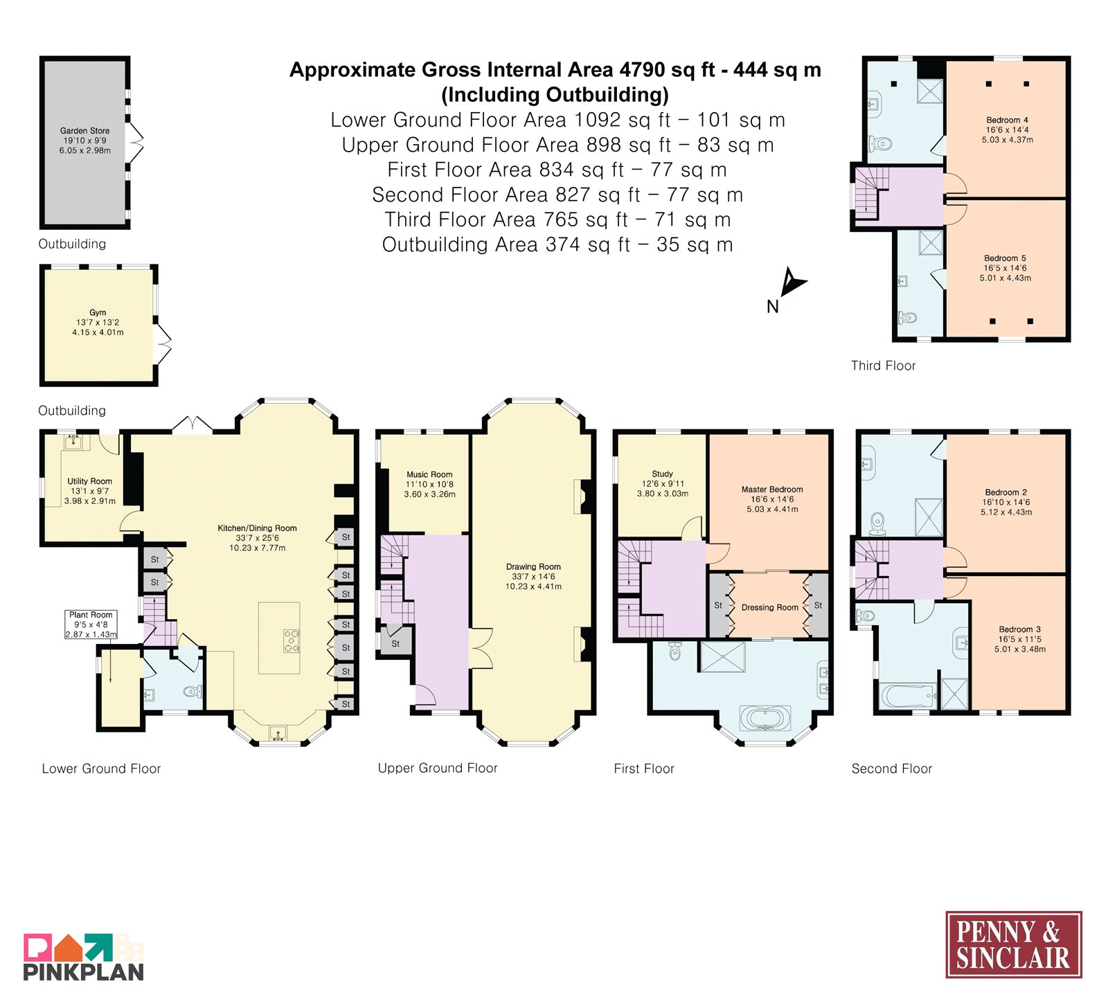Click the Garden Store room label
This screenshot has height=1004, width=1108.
[x=84, y=130]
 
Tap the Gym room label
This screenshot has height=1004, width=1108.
[x=98, y=312]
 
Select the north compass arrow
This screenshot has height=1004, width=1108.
[x=792, y=283]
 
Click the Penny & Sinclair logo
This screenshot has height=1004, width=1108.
[x=1014, y=944]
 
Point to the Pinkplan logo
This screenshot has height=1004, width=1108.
[x=84, y=957]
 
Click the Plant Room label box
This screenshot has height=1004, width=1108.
[x=91, y=625]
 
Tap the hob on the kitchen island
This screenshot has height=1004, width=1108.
[x=292, y=640]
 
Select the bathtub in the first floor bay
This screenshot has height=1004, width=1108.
[x=765, y=718]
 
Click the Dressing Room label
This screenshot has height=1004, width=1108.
[x=769, y=607]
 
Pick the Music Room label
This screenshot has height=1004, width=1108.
[x=429, y=474]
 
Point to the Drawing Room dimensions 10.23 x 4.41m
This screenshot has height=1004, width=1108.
[x=533, y=586]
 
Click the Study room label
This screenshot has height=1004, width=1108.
[x=662, y=474]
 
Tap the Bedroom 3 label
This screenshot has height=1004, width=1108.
[x=1019, y=629]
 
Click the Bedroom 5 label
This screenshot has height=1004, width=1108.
[x=1005, y=258]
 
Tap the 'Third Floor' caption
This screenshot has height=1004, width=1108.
[x=883, y=366]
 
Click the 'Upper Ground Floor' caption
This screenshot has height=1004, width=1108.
[x=438, y=768]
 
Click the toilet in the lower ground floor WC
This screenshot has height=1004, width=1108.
[x=193, y=691]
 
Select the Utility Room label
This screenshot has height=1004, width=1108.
[x=89, y=481]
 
